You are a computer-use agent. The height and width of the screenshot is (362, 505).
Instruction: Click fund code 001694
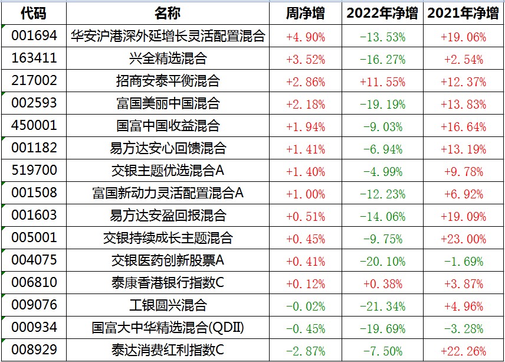pyautogui.click(x=34, y=36)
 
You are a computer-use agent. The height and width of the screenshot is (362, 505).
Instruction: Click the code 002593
pyautogui.click(x=34, y=103)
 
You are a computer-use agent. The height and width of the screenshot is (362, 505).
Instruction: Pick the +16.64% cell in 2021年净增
pyautogui.click(x=463, y=126)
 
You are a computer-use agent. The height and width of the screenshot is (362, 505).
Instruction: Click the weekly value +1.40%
pyautogui.click(x=305, y=171)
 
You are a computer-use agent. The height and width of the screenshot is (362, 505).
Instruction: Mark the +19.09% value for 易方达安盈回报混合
pyautogui.click(x=463, y=216)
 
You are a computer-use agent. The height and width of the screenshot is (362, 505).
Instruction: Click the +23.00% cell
pyautogui.click(x=463, y=239)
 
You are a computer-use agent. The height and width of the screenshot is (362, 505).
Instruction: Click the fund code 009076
pyautogui.click(x=34, y=305)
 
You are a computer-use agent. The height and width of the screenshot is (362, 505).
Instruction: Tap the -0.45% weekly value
pyautogui.click(x=305, y=328)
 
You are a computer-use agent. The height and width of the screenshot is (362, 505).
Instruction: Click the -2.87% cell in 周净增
pyautogui.click(x=305, y=351)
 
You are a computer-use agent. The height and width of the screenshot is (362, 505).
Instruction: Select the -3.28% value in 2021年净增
pyautogui.click(x=463, y=328)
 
